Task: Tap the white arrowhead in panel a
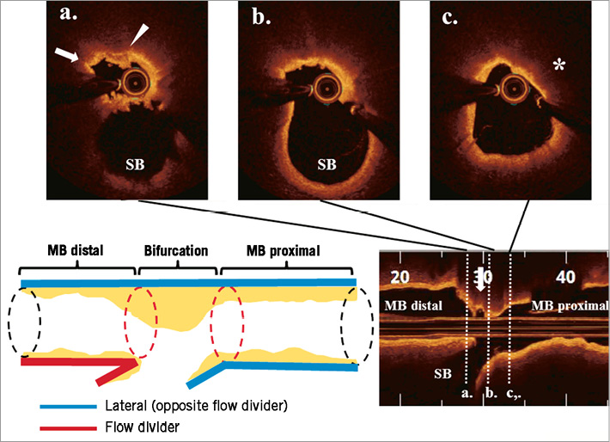click(137, 34)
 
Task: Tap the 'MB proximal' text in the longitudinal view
click(569, 306)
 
